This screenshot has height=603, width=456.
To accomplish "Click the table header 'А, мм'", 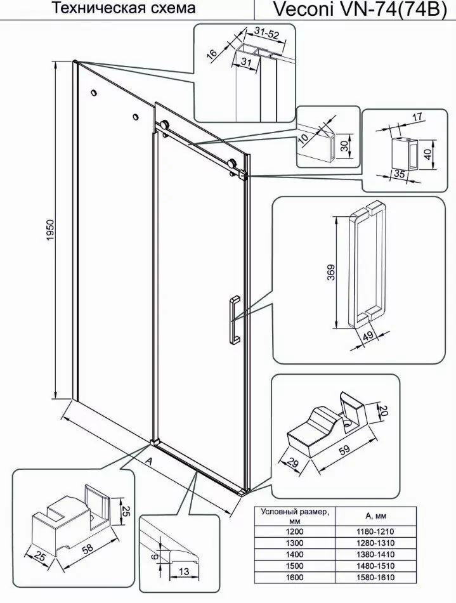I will (x=375, y=514).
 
